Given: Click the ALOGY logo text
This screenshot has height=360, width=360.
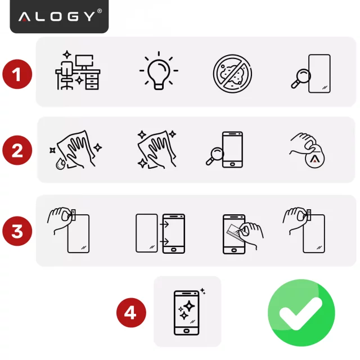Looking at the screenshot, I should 59,16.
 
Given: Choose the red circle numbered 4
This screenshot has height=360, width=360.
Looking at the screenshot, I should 130,312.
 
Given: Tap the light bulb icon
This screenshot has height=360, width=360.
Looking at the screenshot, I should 159,72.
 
